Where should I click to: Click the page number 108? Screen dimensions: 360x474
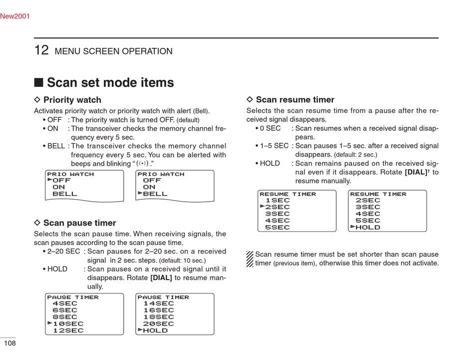tap(9, 344)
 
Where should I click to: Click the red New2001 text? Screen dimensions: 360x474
tap(15, 16)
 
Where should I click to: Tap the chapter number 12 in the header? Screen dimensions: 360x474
tap(41, 50)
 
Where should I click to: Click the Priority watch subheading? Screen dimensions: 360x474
tap(72, 100)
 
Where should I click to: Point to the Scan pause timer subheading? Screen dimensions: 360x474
tap(79, 223)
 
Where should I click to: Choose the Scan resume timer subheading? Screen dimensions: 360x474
tap(295, 100)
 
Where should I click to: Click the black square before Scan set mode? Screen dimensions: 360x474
tap(38, 82)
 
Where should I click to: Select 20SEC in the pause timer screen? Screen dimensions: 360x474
tap(159, 324)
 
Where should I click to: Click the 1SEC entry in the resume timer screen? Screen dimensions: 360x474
tap(277, 200)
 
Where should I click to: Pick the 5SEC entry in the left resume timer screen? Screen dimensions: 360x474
tap(277, 227)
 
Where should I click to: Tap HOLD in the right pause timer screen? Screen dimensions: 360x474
tap(156, 331)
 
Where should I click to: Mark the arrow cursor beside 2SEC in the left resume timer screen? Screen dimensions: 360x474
tap(262, 206)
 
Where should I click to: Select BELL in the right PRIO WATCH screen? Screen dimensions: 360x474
tap(156, 194)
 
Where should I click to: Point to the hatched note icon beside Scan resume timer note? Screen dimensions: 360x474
tap(250, 259)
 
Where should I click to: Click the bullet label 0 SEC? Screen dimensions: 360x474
tap(270, 128)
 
